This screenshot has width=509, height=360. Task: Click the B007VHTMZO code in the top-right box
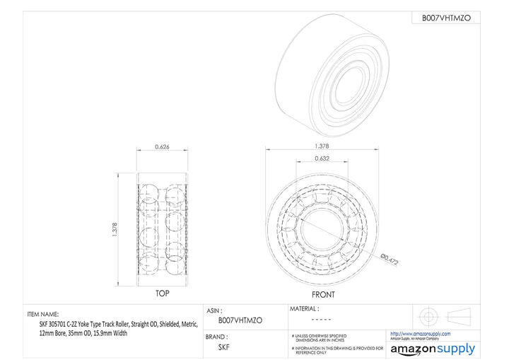pyautogui.click(x=445, y=17)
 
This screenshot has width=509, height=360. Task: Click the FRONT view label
pyautogui.click(x=323, y=294)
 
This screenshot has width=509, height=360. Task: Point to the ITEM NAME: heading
pyautogui.click(x=43, y=313)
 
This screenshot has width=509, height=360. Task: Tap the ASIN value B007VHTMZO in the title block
pyautogui.click(x=240, y=320)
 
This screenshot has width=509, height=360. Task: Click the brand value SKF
pyautogui.click(x=224, y=347)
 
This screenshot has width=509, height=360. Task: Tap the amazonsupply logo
pyautogui.click(x=432, y=349)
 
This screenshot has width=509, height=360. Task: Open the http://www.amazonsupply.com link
pyautogui.click(x=420, y=333)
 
